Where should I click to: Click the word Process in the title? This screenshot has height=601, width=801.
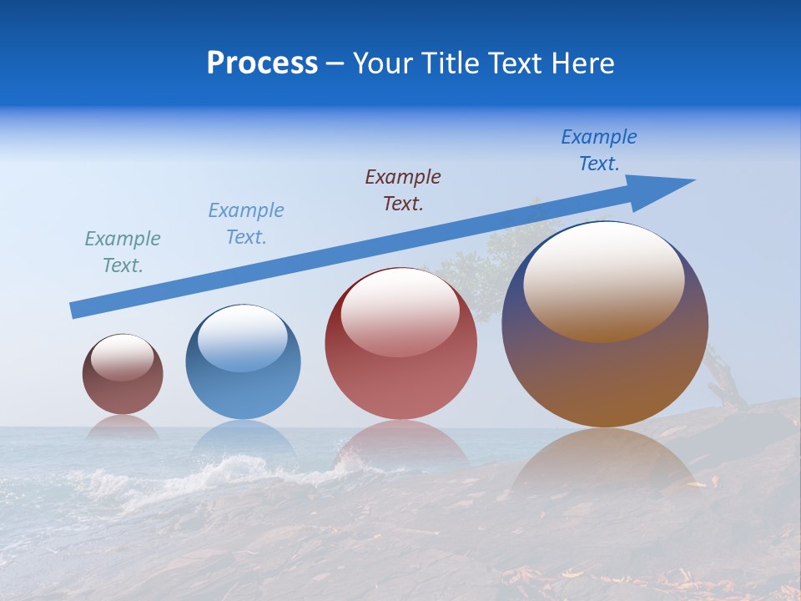pyautogui.click(x=262, y=63)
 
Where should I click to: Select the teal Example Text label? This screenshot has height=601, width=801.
pyautogui.click(x=123, y=252)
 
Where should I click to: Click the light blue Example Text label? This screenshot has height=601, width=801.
pyautogui.click(x=246, y=224)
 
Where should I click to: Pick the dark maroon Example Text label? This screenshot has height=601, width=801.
pyautogui.click(x=403, y=190)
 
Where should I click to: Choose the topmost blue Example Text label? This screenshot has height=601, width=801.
pyautogui.click(x=599, y=150)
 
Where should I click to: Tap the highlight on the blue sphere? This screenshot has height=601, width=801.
pyautogui.click(x=243, y=336)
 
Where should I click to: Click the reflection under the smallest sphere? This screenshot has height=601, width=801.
pyautogui.click(x=123, y=427)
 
